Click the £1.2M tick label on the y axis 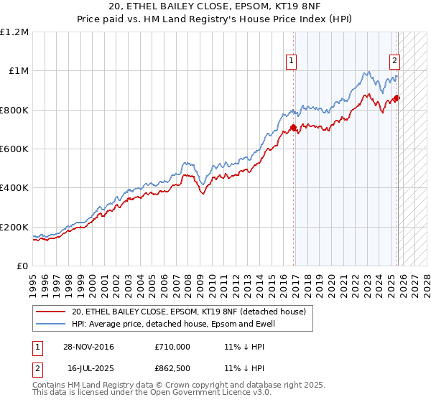coord(14,32)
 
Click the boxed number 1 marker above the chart coord(292,62)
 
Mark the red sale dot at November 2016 coord(294,128)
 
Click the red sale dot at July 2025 coord(398,98)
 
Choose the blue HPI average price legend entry coord(173,324)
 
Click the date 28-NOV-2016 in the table coord(88,347)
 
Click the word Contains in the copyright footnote coord(49,385)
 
